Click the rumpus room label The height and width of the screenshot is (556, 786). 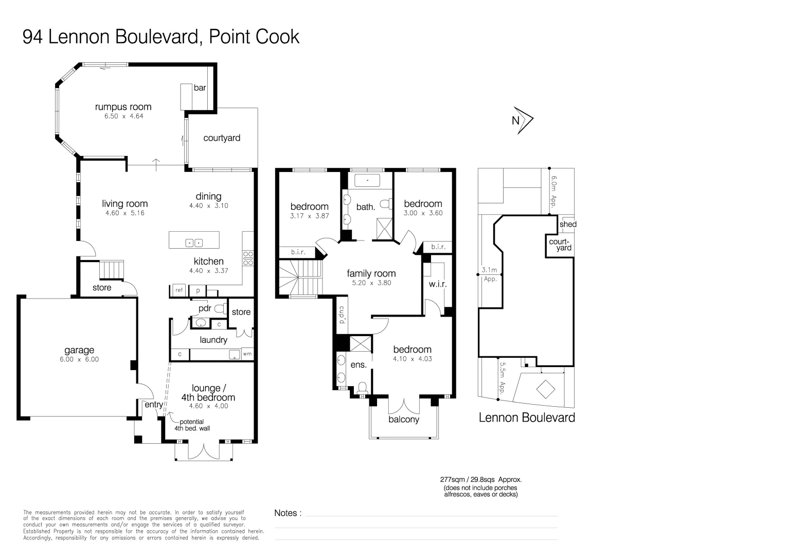[x=123, y=107]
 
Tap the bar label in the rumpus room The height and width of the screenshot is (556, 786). [x=200, y=88]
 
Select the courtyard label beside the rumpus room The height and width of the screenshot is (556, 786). [x=222, y=138]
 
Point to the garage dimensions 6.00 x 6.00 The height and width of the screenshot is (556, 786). [x=79, y=360]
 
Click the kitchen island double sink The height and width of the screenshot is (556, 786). [x=194, y=242]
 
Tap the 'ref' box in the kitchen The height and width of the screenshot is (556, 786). [x=179, y=290]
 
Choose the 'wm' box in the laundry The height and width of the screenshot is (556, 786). [x=247, y=354]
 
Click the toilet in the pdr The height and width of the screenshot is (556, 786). [x=221, y=309]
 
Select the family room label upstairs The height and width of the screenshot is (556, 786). [x=371, y=274]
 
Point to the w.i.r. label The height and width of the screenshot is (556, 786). [x=437, y=285]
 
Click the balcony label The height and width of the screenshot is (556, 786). [x=404, y=420]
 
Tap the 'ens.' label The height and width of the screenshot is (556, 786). [x=359, y=365]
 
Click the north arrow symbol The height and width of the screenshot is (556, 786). [x=523, y=120]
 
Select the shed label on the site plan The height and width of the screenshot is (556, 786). [x=568, y=224]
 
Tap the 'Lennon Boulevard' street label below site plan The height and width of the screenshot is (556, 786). [x=527, y=418]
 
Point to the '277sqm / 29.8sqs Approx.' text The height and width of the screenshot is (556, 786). [x=481, y=479]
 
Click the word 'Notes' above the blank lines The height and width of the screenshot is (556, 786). [x=286, y=513]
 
